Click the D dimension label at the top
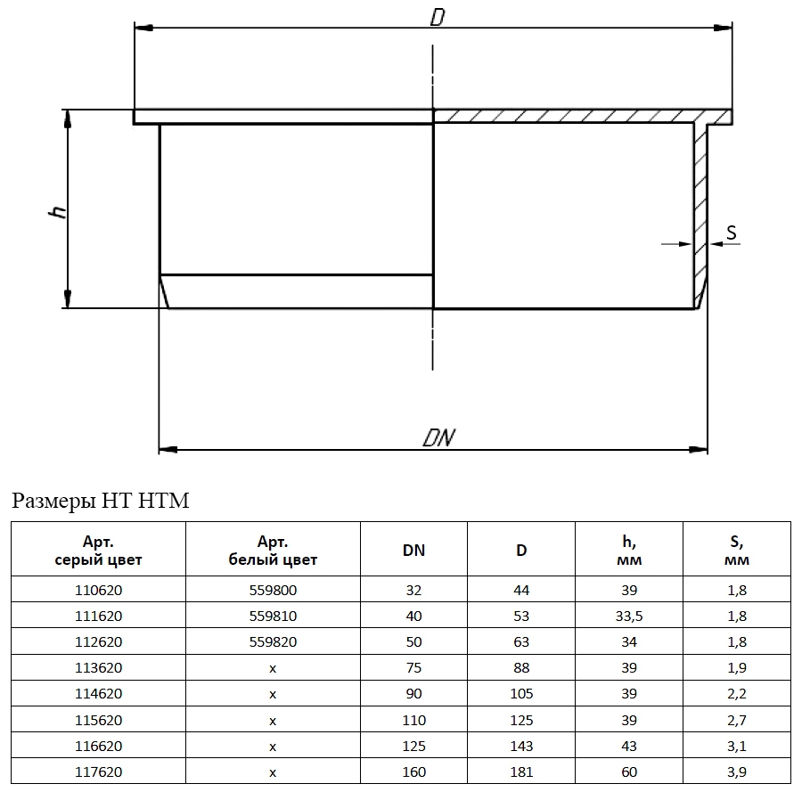438,18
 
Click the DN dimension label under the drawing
438,437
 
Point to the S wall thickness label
732,233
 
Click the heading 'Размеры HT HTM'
100,501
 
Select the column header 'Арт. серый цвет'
98,551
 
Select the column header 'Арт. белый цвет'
273,551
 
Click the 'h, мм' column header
629,551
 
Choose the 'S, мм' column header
737,551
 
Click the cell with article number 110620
98,590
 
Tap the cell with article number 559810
273,616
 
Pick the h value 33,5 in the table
629,616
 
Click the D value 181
521,772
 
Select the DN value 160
413,772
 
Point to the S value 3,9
737,772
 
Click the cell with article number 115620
98,721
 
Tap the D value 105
521,694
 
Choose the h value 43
629,747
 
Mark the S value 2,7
737,721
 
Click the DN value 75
413,668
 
